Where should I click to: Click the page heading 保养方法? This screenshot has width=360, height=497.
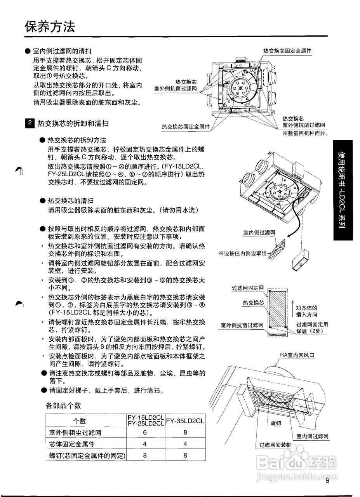pos(49,27)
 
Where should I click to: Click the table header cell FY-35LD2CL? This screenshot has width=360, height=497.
pos(185,421)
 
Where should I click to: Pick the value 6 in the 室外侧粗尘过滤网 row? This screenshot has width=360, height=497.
pos(145,433)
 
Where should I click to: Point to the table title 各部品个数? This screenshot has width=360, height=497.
pos(64,406)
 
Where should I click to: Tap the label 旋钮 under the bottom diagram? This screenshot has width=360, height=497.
pos(276,423)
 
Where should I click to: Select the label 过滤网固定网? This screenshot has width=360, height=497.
pos(248,288)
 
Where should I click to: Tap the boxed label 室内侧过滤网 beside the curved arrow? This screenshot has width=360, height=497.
pos(259,233)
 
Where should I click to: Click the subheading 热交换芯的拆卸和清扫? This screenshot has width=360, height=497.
pos(73,123)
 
